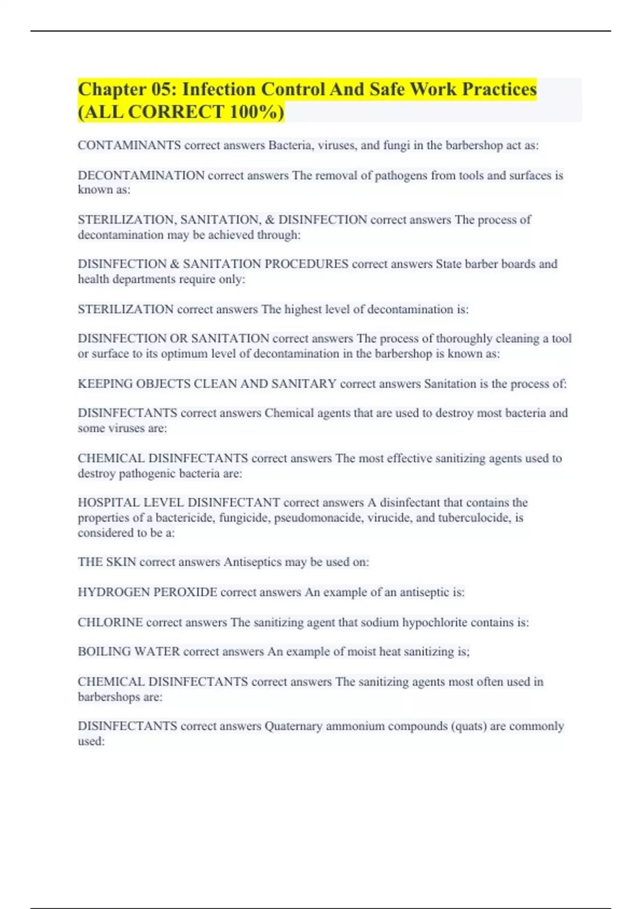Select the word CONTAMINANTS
coord(129,145)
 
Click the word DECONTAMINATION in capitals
coord(141,175)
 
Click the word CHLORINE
coord(110,622)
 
